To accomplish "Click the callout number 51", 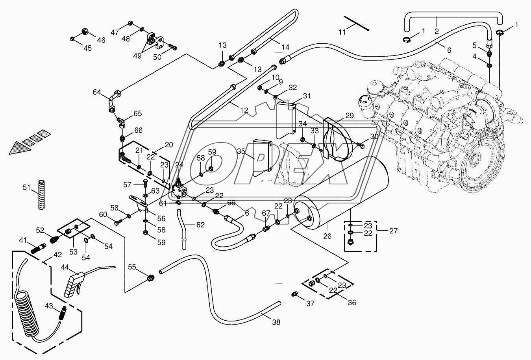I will coord(26,187).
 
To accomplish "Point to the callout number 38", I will coord(276,322).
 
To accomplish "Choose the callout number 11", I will coord(342,32).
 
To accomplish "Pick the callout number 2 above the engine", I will coord(437,31).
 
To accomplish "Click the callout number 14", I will coord(285,47).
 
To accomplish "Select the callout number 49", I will coord(137,56).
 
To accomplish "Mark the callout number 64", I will coord(97,92).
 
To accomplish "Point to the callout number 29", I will coord(350,115).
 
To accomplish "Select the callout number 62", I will coord(200,225).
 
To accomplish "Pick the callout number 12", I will coord(244,111).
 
